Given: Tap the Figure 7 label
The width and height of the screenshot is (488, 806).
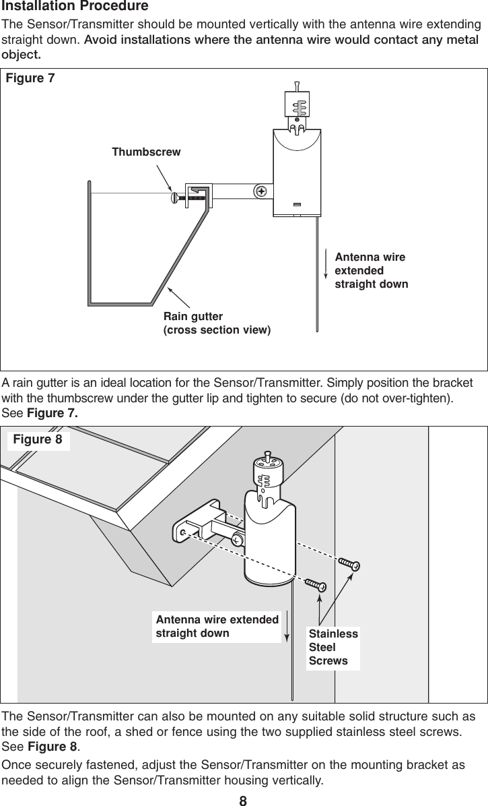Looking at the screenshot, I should (30, 78).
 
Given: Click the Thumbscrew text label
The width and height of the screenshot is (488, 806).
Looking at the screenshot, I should (146, 152).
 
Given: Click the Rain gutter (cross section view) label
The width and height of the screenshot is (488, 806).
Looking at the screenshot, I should (217, 323).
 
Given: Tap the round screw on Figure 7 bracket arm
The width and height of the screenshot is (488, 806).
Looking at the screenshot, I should (260, 191).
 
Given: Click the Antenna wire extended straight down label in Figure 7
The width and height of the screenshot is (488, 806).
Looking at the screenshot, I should (371, 271).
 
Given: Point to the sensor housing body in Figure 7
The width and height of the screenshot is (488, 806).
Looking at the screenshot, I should (297, 175).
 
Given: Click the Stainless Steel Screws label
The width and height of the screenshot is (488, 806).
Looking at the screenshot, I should (333, 647).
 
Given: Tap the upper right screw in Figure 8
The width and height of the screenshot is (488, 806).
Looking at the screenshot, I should (349, 563).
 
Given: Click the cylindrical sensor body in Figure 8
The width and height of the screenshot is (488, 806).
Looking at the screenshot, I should (269, 546).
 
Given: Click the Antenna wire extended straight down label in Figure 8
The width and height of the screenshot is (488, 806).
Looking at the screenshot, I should (217, 626).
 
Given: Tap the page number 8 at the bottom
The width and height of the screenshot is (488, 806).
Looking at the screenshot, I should (243, 799).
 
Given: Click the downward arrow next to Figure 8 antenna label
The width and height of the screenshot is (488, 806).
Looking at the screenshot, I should (287, 627).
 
